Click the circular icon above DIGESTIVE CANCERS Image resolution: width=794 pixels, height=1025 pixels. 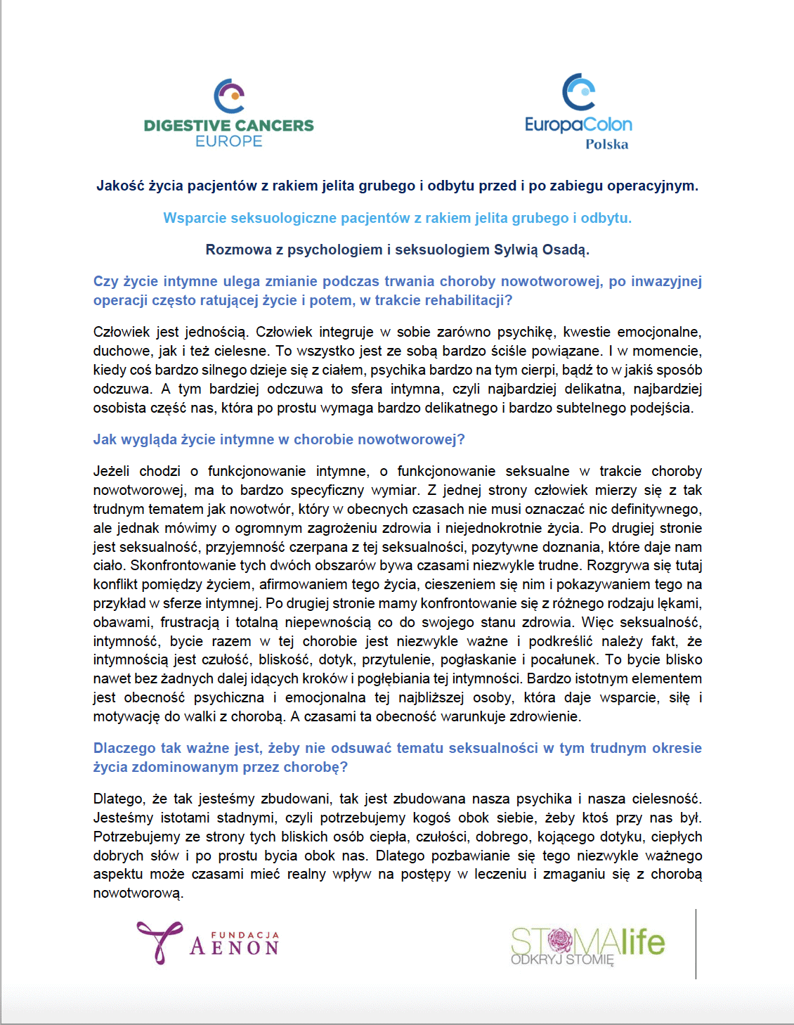(229, 96)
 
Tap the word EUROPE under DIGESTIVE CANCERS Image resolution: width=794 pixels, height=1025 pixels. (228, 141)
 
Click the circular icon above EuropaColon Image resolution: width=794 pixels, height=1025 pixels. (579, 92)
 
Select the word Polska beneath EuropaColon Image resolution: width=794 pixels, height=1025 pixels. (606, 144)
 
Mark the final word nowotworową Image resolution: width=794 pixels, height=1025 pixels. (138, 893)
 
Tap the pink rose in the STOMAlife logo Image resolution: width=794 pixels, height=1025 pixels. (560, 939)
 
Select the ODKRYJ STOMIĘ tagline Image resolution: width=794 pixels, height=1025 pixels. (562, 960)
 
